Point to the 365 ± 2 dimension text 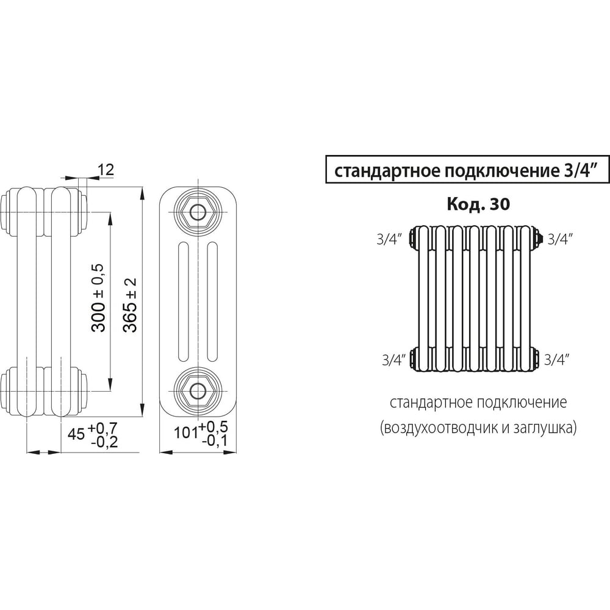130,304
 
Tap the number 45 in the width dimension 76,434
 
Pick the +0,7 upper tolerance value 103,426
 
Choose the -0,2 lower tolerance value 103,442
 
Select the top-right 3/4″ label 561,239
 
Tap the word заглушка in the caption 544,429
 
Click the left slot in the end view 184,303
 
